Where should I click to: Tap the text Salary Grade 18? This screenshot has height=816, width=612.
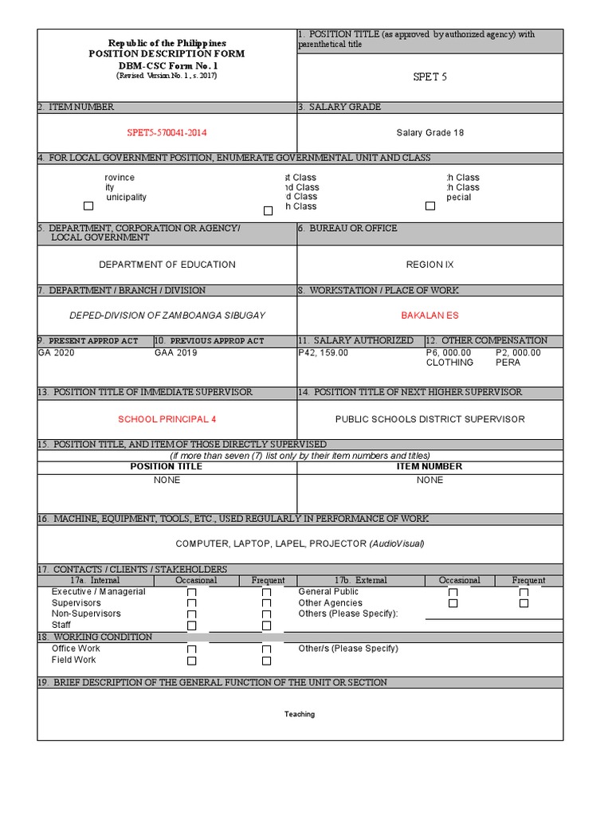[x=430, y=133]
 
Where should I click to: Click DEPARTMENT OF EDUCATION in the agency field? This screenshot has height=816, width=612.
[x=167, y=265]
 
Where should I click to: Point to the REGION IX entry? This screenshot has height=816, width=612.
[x=430, y=265]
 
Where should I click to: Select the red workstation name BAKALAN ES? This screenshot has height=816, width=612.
[x=430, y=316]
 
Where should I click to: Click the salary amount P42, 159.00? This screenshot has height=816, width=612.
[x=323, y=352]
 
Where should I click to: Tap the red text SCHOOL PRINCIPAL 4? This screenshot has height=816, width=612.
[x=167, y=419]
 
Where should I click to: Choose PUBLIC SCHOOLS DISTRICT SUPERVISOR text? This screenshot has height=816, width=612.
[x=430, y=419]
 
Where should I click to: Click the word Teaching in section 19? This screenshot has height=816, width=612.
[x=300, y=714]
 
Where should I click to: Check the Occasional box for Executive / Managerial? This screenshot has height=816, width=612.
[x=191, y=593]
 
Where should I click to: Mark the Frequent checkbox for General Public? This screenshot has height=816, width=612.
[x=524, y=593]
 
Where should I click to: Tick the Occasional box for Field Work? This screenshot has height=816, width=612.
[x=191, y=661]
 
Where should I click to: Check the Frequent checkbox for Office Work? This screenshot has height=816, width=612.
[x=266, y=649]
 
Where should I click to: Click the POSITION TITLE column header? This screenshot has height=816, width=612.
[x=167, y=467]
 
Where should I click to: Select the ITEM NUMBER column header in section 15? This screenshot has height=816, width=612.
[x=430, y=467]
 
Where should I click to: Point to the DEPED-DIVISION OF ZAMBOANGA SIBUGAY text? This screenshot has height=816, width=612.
[x=167, y=316]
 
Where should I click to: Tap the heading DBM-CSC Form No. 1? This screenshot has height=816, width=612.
[x=167, y=65]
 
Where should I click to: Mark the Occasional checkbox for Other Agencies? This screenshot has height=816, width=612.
[x=453, y=603]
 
